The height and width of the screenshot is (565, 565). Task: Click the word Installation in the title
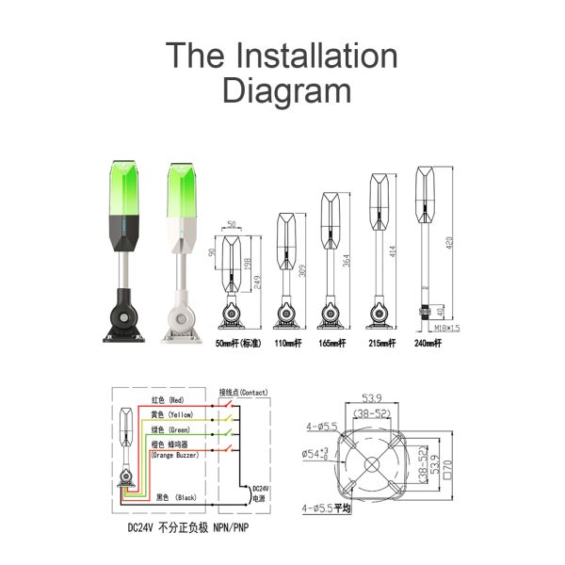[318, 56]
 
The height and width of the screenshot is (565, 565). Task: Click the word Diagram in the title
[285, 91]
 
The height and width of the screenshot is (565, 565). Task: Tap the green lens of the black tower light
[126, 187]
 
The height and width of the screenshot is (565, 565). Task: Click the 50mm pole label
[237, 344]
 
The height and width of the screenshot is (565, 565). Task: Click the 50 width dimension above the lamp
[232, 224]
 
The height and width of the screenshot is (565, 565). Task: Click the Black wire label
[176, 495]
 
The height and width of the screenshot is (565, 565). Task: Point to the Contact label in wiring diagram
[244, 391]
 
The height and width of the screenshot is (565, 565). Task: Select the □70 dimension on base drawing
[450, 461]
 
